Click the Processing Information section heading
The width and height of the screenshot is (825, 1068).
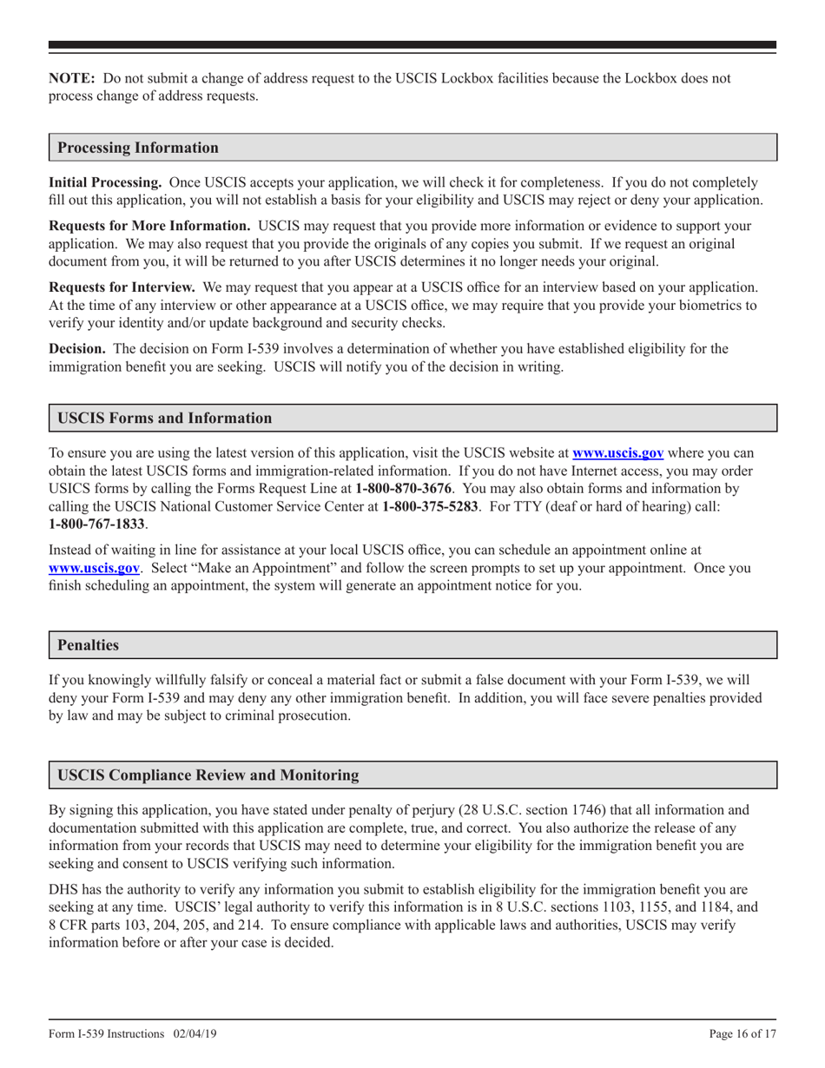138,148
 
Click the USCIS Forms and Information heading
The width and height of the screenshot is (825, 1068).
164,419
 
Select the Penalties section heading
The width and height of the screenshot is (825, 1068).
88,646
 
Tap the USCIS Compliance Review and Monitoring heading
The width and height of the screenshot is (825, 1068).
208,775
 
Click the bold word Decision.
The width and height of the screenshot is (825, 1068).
77,349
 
